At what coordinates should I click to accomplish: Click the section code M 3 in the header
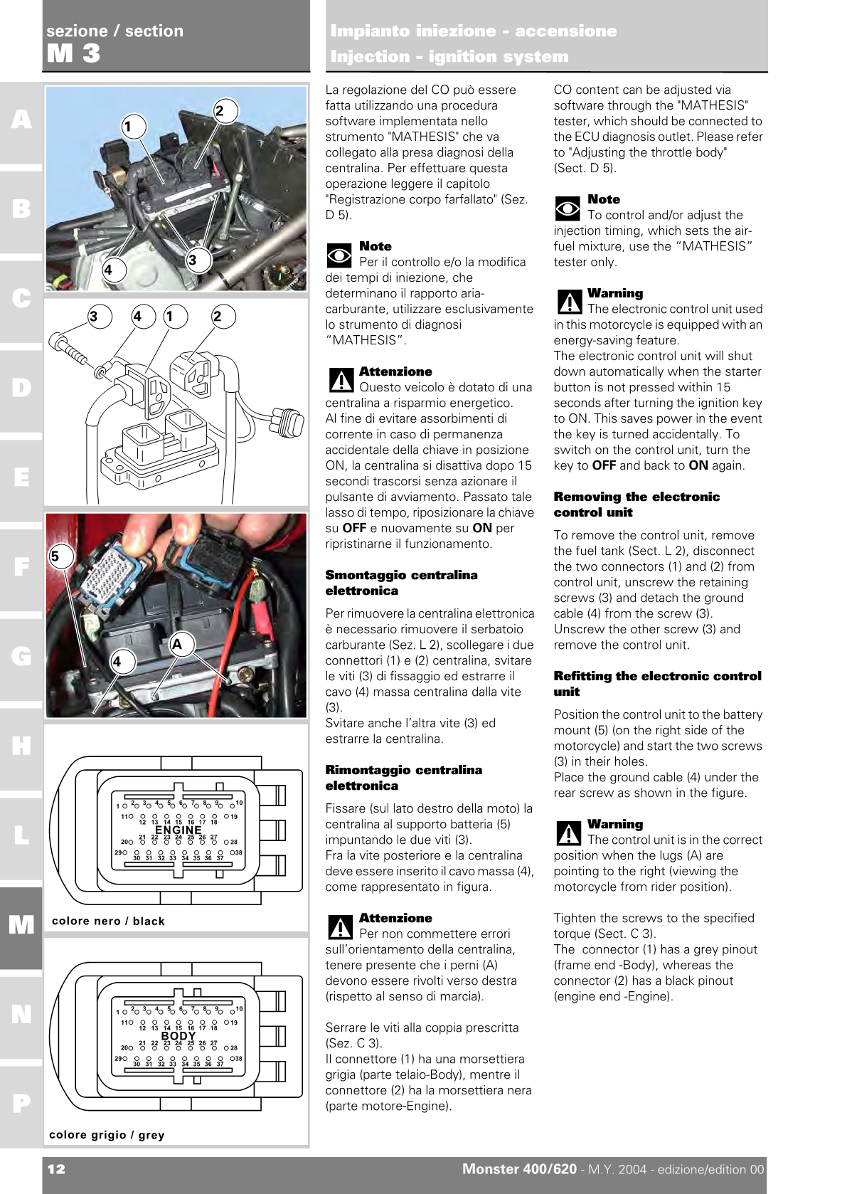click(73, 53)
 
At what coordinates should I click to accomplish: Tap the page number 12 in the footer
click(56, 1169)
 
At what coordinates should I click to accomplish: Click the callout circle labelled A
click(178, 645)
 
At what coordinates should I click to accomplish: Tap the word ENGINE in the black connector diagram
click(179, 830)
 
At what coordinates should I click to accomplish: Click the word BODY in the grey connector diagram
click(179, 1036)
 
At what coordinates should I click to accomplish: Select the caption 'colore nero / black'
click(108, 921)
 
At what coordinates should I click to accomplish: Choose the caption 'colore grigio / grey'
click(107, 1135)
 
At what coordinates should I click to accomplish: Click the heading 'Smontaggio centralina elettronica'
click(401, 583)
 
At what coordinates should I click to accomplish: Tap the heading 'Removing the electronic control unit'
click(636, 504)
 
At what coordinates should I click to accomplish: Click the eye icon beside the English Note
click(568, 208)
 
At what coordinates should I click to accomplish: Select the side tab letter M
click(21, 925)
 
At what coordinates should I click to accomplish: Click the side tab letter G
click(21, 656)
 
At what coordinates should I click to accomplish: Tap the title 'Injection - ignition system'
click(449, 56)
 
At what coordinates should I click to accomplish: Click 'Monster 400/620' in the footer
click(519, 1169)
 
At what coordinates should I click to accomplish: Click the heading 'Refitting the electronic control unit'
click(657, 683)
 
